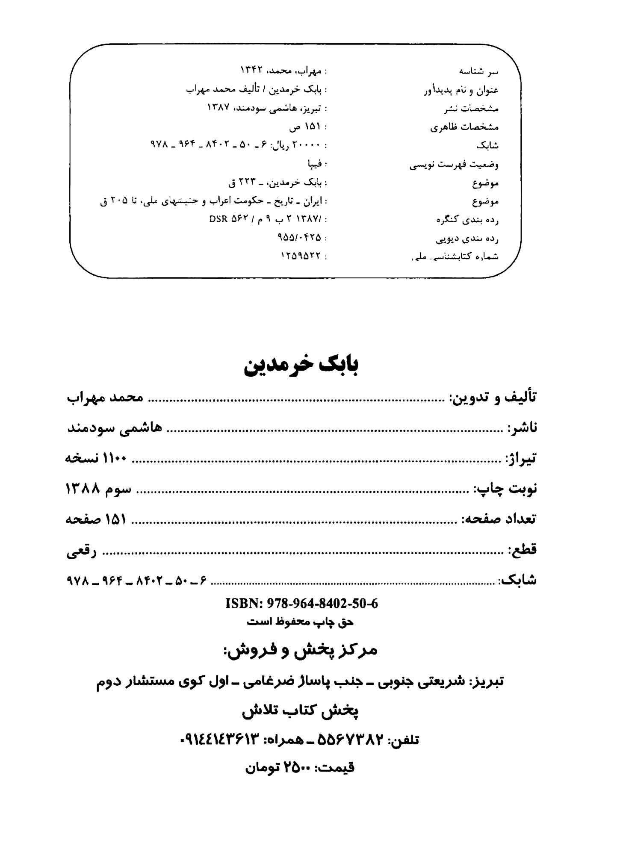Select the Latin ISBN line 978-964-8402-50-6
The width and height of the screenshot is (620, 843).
coord(301,603)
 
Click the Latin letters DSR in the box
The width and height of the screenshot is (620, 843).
coord(218,219)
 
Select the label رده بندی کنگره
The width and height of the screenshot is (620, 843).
coord(467,220)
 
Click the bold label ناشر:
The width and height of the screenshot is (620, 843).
coord(521,427)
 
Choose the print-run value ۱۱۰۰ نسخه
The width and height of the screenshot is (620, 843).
coord(96,458)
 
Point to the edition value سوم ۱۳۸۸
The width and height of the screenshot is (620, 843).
coord(98,489)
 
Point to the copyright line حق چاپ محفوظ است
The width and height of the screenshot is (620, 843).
coord(300,622)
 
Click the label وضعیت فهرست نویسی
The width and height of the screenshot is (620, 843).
coord(454,165)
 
